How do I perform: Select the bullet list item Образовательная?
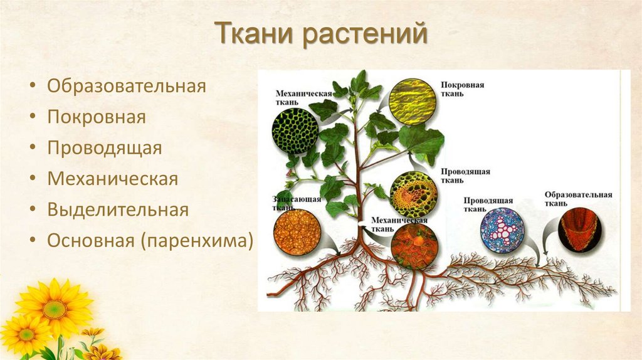pyautogui.click(x=127, y=86)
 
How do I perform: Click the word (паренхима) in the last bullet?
pyautogui.click(x=197, y=240)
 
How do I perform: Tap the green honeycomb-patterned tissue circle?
pyautogui.click(x=295, y=130)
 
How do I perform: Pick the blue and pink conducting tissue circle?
pyautogui.click(x=502, y=230)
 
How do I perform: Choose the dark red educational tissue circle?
pyautogui.click(x=580, y=230)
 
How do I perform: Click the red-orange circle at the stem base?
pyautogui.click(x=414, y=246)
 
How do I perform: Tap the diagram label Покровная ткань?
pyautogui.click(x=462, y=88)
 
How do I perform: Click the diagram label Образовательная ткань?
pyautogui.click(x=577, y=198)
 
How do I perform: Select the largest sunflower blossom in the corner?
pyautogui.click(x=55, y=307)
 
